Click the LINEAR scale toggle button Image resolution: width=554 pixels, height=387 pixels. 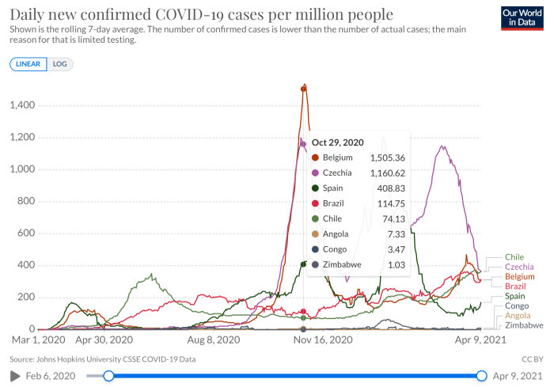(x=28, y=64)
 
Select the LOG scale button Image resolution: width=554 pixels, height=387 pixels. (x=59, y=64)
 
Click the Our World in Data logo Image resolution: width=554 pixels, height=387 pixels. (x=522, y=18)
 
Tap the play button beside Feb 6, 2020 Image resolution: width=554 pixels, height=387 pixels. (x=15, y=376)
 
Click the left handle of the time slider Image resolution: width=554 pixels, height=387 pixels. (x=108, y=376)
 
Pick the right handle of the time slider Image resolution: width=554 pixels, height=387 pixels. (x=481, y=376)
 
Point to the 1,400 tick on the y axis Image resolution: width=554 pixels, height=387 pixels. (x=23, y=105)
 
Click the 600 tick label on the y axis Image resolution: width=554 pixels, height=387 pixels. (x=26, y=233)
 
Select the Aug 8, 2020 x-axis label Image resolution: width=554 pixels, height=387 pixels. (x=214, y=340)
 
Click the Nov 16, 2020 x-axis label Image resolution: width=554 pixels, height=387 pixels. (x=323, y=340)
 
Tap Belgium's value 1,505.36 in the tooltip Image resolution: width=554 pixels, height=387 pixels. (x=388, y=157)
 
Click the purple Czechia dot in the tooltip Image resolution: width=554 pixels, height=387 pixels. (x=315, y=173)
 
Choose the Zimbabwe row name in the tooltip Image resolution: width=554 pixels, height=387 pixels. (x=342, y=264)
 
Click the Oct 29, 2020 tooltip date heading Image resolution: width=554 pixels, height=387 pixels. (x=337, y=142)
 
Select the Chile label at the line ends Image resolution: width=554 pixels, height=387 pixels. (x=514, y=257)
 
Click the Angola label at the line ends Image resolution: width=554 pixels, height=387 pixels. (x=518, y=316)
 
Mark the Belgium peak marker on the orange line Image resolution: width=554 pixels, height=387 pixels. (x=303, y=89)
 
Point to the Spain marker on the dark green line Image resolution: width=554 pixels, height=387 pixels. (x=303, y=264)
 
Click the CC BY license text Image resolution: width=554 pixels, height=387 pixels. (x=533, y=359)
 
